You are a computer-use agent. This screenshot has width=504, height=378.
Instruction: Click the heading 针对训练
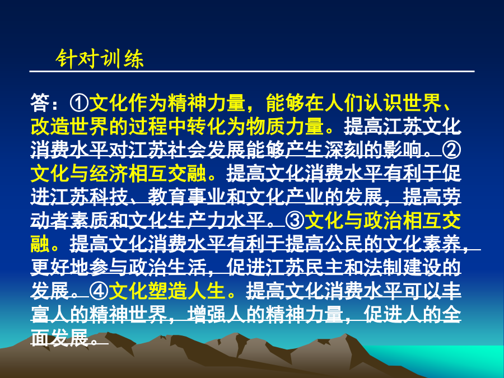coord(100,59)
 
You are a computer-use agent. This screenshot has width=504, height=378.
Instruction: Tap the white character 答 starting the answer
coord(40,103)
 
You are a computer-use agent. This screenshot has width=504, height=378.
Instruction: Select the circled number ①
coord(79,103)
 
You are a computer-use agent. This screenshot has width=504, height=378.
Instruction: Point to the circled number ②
coord(451,150)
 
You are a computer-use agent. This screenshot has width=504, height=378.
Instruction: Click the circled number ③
coord(295,221)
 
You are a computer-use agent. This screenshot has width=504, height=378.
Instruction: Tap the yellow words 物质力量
coord(285,127)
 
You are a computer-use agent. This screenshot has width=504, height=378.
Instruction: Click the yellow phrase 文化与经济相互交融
coord(118,174)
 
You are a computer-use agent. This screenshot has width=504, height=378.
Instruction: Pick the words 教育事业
coord(186,197)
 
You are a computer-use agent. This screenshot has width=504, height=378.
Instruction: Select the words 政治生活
coord(167,268)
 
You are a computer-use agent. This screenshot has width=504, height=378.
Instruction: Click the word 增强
coord(206,314)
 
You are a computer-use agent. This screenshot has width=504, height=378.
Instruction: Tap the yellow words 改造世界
coord(69,127)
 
